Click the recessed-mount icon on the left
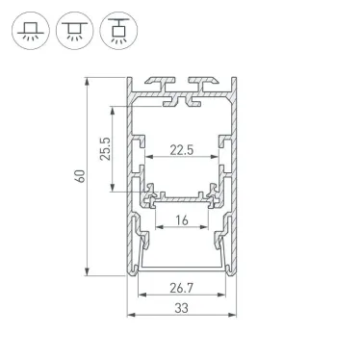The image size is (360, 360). (30, 29)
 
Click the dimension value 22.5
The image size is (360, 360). (180, 149)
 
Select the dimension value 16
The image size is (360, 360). (180, 220)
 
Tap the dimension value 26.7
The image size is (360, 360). (180, 286)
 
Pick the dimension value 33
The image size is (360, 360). (180, 308)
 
